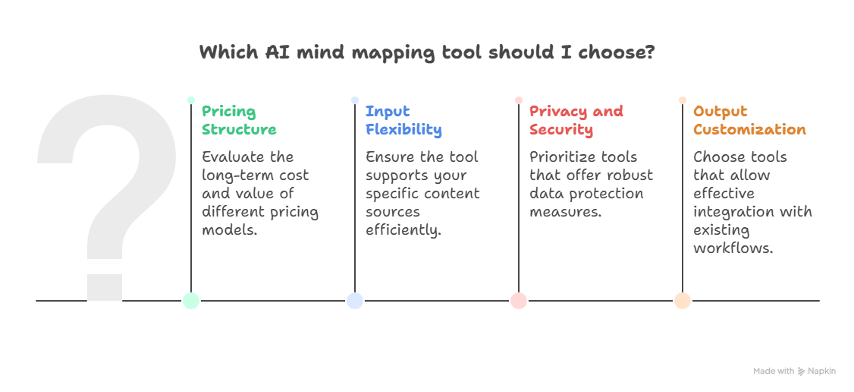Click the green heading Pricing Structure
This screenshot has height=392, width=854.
(239, 121)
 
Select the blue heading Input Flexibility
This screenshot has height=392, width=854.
(403, 121)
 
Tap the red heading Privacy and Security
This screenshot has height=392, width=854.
(576, 121)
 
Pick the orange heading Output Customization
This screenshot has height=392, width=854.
(749, 121)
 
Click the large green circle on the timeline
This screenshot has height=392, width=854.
(191, 300)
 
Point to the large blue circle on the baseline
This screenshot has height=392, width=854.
(355, 300)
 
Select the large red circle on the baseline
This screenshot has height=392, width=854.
(519, 300)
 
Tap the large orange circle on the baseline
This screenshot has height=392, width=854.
(683, 300)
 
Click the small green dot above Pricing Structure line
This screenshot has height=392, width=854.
(191, 100)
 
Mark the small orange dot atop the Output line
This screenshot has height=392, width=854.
(683, 100)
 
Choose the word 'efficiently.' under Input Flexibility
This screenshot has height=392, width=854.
(403, 230)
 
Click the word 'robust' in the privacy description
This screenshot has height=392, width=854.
(630, 175)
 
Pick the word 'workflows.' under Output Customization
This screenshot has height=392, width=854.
(733, 248)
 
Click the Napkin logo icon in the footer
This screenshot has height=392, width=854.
(802, 371)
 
